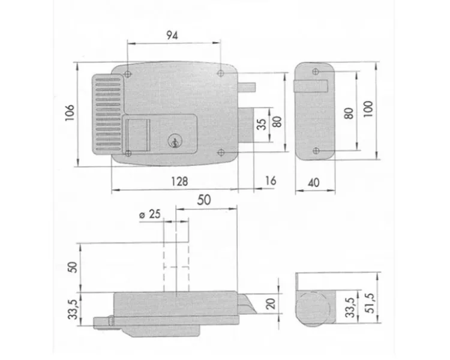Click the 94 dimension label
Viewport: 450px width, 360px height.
pyautogui.click(x=172, y=35)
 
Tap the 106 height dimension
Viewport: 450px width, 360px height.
pyautogui.click(x=70, y=113)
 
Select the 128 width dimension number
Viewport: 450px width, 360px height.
pyautogui.click(x=179, y=181)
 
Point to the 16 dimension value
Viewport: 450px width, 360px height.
pyautogui.click(x=271, y=181)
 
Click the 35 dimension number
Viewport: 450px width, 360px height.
pyautogui.click(x=262, y=124)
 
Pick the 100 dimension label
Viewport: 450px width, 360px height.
pyautogui.click(x=368, y=109)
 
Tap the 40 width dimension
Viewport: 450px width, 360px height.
pyautogui.click(x=313, y=182)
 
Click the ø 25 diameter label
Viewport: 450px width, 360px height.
pyautogui.click(x=150, y=214)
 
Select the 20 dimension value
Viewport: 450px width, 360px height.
pyautogui.click(x=271, y=304)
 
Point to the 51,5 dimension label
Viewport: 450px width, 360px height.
pyautogui.click(x=370, y=304)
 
